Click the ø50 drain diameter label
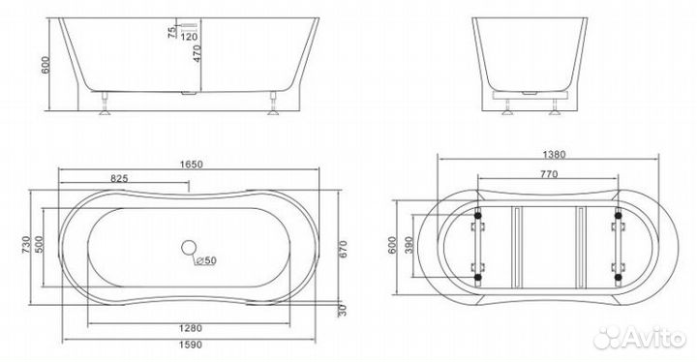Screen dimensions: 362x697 (204, 258)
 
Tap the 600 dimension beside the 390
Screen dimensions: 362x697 (393, 247)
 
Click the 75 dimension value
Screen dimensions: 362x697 (171, 33)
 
